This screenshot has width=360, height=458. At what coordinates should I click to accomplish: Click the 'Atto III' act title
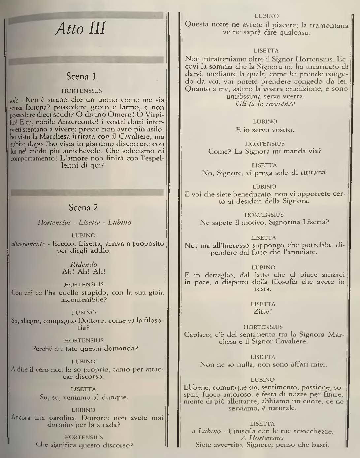pyautogui.click(x=81, y=29)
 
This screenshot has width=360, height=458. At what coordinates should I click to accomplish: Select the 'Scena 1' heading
pyautogui.click(x=81, y=76)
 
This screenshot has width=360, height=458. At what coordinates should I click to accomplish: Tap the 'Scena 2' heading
pyautogui.click(x=83, y=207)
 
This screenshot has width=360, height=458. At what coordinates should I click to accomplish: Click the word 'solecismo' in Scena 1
pyautogui.click(x=140, y=151)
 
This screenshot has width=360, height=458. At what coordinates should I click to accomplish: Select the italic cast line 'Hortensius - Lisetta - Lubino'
pyautogui.click(x=84, y=222)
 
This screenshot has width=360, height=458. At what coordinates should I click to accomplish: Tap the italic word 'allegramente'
pyautogui.click(x=28, y=244)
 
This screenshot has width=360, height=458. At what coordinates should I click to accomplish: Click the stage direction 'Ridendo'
pyautogui.click(x=84, y=264)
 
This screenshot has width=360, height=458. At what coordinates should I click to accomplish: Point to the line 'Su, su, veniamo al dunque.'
pyautogui.click(x=84, y=397)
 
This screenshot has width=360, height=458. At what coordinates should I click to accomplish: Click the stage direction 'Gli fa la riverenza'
pyautogui.click(x=266, y=104)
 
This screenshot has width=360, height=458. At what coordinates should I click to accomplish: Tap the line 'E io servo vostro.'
pyautogui.click(x=265, y=130)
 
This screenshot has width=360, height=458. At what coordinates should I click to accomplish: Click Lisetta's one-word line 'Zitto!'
pyautogui.click(x=263, y=311)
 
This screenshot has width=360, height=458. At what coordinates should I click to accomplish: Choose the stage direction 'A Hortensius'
pyautogui.click(x=262, y=438)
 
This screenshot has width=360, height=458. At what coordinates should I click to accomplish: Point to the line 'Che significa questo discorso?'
pyautogui.click(x=84, y=444)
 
